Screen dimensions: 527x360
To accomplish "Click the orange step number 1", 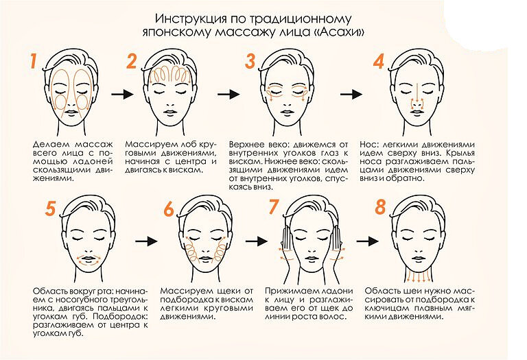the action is point(33,61).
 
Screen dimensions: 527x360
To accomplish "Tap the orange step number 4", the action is point(379,62).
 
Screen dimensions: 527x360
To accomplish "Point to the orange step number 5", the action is point(50,208).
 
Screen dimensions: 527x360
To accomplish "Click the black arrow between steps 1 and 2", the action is point(122,95).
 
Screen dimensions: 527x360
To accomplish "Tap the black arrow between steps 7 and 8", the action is point(367,241).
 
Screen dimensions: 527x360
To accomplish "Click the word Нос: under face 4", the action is point(370,145).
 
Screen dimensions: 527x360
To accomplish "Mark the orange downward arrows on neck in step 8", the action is point(418,277).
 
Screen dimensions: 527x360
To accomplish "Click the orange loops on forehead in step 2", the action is point(170,74).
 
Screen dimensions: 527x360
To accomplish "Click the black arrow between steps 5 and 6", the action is point(147,241).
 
